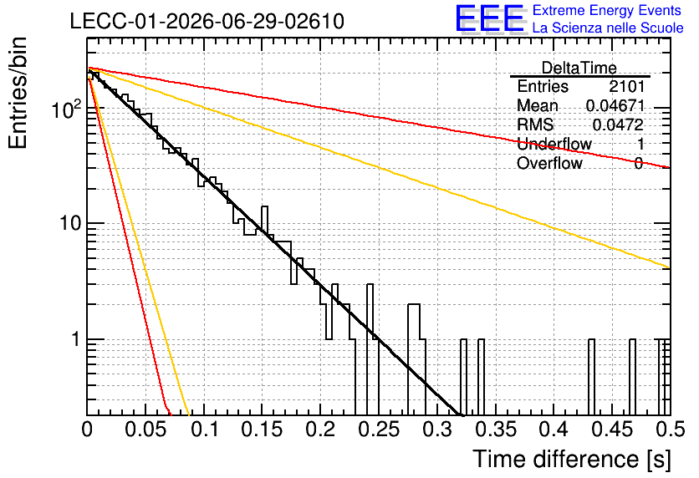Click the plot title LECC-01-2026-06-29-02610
(x=207, y=21)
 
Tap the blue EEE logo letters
(x=489, y=18)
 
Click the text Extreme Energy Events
(x=607, y=10)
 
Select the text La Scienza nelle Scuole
(x=608, y=28)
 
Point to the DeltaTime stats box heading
(x=579, y=68)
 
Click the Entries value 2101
(x=626, y=86)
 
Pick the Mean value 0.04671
(x=615, y=105)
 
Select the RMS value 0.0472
(x=618, y=125)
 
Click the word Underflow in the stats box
(x=554, y=144)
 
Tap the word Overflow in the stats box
(x=549, y=163)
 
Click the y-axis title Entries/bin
(x=18, y=93)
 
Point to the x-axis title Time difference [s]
(x=572, y=459)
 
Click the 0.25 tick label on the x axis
(x=380, y=430)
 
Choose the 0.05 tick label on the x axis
(x=146, y=430)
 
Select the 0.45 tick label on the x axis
(x=613, y=430)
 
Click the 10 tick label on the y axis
(x=71, y=223)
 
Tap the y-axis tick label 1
(x=76, y=339)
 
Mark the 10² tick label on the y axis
(x=67, y=109)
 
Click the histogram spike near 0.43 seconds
(x=592, y=377)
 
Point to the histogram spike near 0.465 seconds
(x=632, y=377)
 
